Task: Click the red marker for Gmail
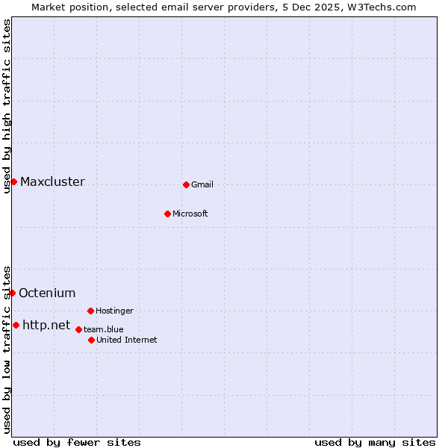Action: (186, 184)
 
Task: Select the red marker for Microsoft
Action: (167, 214)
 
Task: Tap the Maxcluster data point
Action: (13, 181)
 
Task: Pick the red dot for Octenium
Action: (12, 293)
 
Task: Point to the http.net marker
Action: (16, 325)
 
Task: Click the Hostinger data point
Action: (90, 311)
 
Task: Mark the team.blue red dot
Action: (78, 329)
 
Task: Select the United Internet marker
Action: (91, 340)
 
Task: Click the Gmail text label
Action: (202, 185)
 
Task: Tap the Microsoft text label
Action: (190, 214)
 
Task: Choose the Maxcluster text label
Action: (52, 182)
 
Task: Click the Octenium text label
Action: (47, 293)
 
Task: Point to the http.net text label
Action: (46, 326)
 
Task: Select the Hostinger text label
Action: (114, 311)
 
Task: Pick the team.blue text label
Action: (104, 329)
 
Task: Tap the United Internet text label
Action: (127, 340)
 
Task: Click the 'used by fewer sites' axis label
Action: (77, 442)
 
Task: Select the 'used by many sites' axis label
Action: (375, 442)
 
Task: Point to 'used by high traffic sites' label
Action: (7, 106)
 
